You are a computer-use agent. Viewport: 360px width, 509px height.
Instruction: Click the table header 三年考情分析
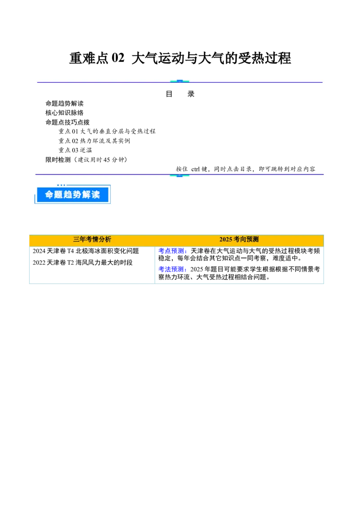(92, 240)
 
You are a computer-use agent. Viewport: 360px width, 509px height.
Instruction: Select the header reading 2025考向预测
(239, 240)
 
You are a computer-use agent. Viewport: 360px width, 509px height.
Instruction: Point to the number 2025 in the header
(226, 240)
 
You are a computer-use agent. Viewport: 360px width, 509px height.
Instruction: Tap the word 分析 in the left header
(105, 240)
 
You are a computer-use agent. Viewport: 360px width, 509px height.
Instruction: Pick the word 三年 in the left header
(80, 240)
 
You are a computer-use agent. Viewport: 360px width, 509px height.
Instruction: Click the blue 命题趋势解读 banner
(72, 195)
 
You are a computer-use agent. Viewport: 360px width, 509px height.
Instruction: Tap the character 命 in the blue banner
(49, 195)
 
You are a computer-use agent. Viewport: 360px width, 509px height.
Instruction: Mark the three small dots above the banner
(61, 185)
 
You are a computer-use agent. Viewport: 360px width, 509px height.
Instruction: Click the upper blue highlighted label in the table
(172, 251)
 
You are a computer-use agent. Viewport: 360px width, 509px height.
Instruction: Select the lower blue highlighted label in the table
(172, 269)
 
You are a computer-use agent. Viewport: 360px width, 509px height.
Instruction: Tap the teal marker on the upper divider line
(180, 81)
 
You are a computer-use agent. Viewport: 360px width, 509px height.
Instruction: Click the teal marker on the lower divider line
(180, 175)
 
